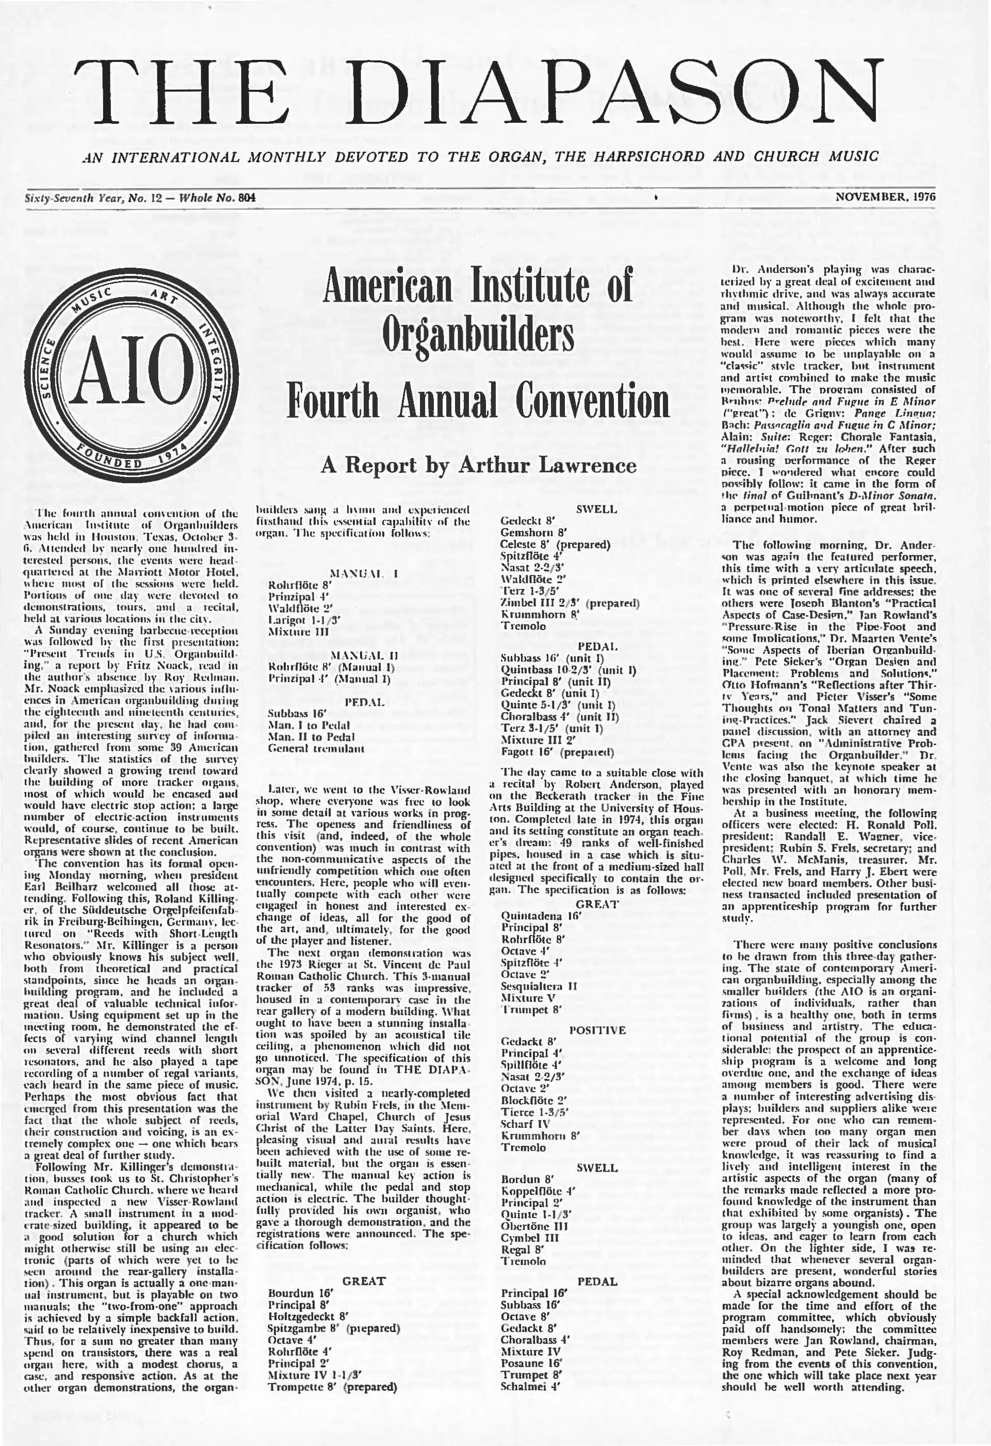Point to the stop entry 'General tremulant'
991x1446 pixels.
[316, 748]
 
